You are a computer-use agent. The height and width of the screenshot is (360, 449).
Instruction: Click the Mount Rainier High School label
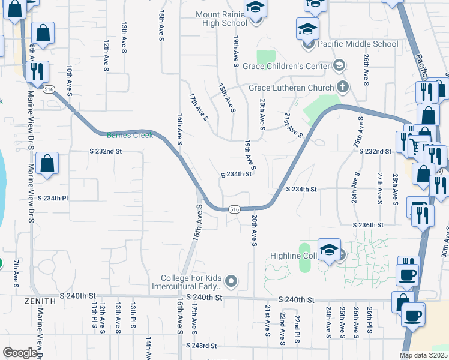pos(221,19)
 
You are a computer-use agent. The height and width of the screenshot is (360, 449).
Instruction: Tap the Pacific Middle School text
pos(357,44)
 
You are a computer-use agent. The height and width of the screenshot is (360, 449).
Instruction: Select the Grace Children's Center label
pos(294,65)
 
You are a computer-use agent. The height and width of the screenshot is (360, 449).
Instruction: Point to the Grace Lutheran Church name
pos(291,88)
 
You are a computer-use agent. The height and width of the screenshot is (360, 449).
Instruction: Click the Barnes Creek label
pos(130,135)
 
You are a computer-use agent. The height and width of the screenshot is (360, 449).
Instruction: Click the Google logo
pos(20,353)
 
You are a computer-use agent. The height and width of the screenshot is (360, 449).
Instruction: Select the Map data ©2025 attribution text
pos(423,355)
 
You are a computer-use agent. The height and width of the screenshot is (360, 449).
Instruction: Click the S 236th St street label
pos(368,224)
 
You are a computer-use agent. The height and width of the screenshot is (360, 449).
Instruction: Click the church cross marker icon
pos(343,88)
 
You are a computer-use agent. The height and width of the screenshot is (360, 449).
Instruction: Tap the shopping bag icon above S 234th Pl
pos(47,163)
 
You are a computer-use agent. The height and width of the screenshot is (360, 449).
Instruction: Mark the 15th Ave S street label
pos(161,26)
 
